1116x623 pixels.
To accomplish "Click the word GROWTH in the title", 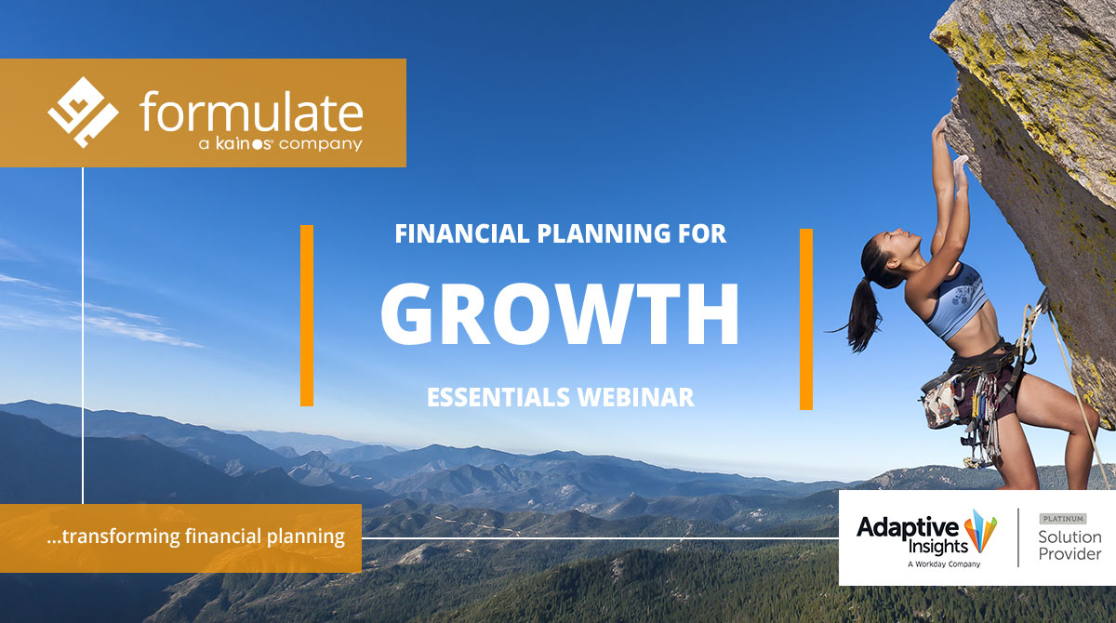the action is (x=560, y=313).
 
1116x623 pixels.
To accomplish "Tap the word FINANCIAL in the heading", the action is (x=462, y=233).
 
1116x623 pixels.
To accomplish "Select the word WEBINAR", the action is (x=636, y=397).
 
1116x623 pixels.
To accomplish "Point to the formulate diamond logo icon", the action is (x=83, y=113).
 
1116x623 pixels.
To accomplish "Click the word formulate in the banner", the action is (x=251, y=113).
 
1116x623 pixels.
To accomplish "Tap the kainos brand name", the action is (x=244, y=143).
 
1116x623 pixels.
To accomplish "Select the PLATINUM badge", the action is (x=1063, y=519).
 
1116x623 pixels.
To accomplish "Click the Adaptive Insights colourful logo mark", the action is (x=980, y=531).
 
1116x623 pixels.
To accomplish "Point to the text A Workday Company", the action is (x=944, y=564).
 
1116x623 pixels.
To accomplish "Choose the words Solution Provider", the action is (x=1069, y=545).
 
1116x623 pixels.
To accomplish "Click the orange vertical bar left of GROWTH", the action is (x=307, y=316).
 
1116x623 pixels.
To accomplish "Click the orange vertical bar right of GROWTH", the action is (x=806, y=319).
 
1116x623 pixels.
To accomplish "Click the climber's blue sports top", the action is (x=957, y=300).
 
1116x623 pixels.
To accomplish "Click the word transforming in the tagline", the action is (x=121, y=537).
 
